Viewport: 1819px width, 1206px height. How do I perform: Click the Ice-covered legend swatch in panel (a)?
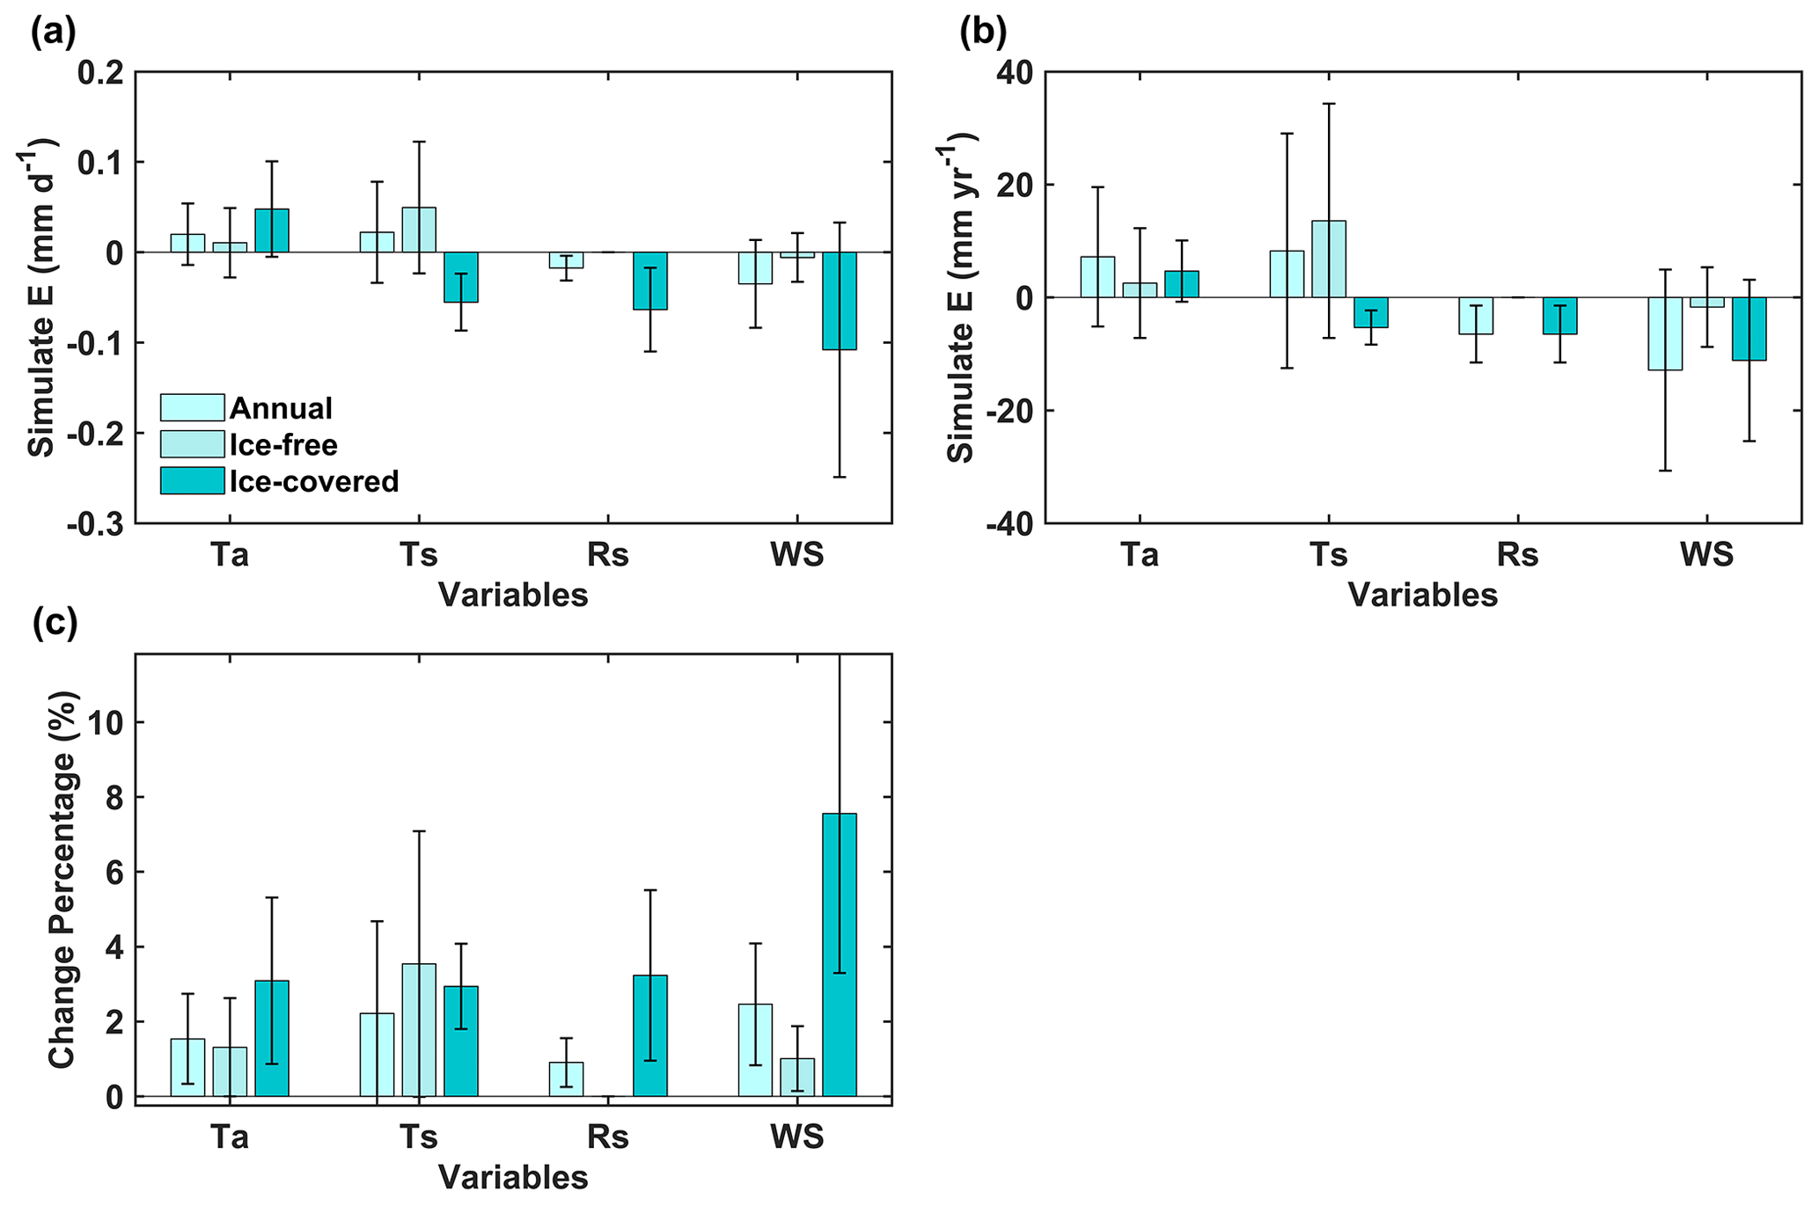tap(192, 480)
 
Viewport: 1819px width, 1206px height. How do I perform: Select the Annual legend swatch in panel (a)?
tap(192, 407)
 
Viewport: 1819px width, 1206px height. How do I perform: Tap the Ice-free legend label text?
tap(283, 445)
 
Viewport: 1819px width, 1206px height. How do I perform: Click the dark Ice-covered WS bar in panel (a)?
tap(839, 301)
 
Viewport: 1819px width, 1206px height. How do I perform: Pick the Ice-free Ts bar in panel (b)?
tap(1328, 259)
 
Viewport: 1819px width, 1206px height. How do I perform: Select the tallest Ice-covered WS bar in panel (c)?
tap(839, 954)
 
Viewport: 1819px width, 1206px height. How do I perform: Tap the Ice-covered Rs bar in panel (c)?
tap(649, 1035)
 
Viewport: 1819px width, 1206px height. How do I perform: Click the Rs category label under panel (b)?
tap(1517, 555)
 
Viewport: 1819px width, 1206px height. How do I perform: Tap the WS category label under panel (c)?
tap(796, 1137)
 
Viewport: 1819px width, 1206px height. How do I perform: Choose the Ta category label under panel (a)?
tap(230, 555)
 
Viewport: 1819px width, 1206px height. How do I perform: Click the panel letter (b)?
tap(983, 33)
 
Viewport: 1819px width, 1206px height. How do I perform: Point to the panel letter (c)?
tap(55, 623)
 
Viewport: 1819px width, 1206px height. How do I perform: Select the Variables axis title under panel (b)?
tap(1422, 596)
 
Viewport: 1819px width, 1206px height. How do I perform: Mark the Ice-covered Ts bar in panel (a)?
tap(460, 277)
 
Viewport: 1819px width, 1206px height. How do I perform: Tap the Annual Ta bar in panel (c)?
tap(187, 1067)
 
